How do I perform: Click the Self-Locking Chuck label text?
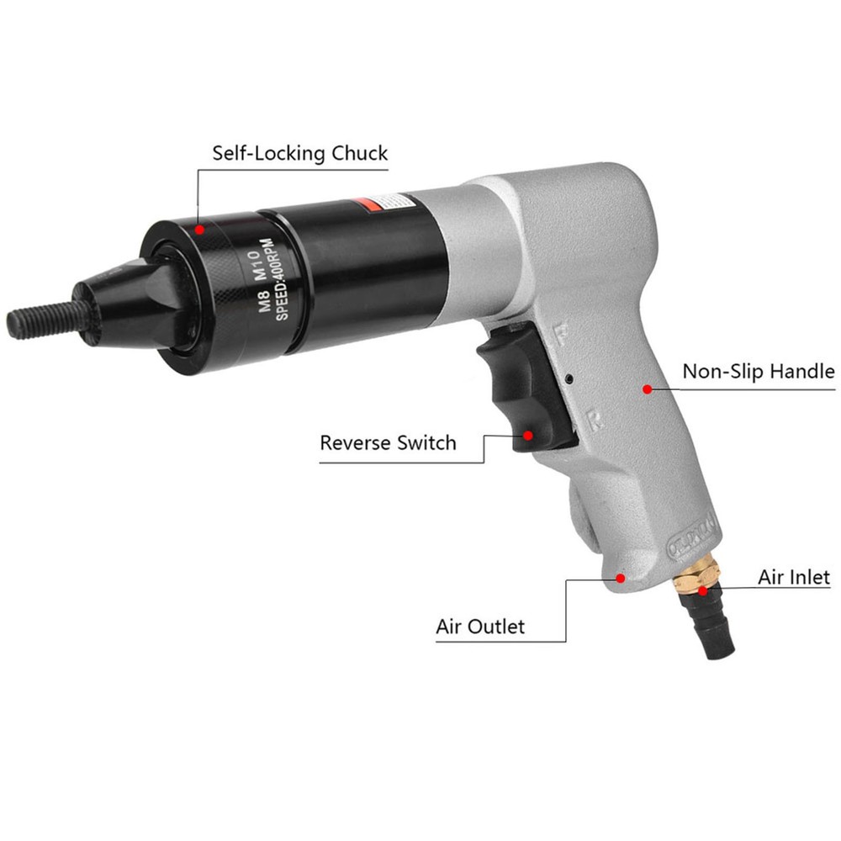coord(299,153)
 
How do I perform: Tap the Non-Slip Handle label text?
coord(758,372)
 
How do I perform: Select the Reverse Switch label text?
coord(388,442)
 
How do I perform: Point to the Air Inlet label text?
coord(793,577)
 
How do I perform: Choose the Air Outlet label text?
coord(479,627)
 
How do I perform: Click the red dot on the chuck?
coord(199,227)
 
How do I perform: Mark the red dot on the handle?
coord(648,389)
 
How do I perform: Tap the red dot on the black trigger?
coord(528,435)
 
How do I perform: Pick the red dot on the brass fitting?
coord(702,591)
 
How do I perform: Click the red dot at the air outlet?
coord(621,578)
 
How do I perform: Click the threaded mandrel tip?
coord(42,320)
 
